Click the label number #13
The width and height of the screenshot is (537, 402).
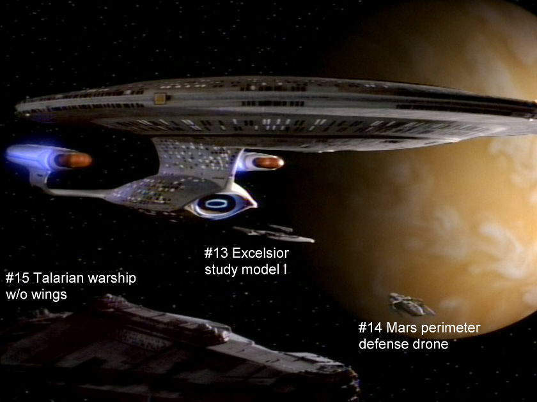point(216,253)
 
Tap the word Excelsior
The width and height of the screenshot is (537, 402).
point(261,253)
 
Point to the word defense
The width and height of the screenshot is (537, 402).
point(380,345)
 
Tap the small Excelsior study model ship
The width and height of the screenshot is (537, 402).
point(274,234)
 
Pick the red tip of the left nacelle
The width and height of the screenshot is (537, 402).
point(75,160)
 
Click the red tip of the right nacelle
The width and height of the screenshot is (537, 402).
point(270,162)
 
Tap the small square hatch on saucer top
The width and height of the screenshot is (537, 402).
point(159,98)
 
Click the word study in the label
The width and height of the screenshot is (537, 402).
point(222,270)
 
